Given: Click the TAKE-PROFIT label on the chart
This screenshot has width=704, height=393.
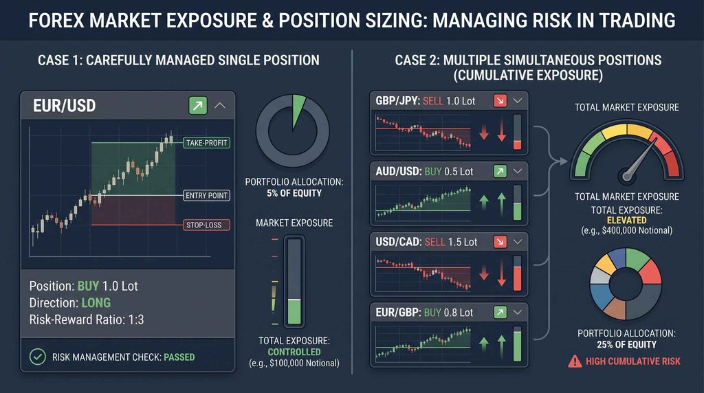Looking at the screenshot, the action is point(206,143).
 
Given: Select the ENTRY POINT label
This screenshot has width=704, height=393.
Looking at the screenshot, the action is point(206,195).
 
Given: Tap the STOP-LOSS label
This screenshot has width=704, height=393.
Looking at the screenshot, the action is point(206,225).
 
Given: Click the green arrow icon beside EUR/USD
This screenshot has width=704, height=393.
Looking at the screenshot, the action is point(198,105).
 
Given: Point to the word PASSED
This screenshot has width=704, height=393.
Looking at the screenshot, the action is point(179,357).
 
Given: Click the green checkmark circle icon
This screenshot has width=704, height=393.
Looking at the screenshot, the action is point(38,357).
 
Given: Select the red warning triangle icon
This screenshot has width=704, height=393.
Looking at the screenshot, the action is point(575,361).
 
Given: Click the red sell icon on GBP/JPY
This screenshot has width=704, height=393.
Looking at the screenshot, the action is point(500,100).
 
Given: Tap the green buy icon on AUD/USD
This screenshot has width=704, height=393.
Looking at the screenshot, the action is point(500,171).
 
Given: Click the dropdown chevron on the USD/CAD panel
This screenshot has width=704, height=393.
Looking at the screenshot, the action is point(517,242).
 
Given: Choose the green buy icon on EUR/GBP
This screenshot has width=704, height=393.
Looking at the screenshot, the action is point(500,312).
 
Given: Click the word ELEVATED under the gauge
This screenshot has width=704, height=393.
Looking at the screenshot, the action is point(627,221).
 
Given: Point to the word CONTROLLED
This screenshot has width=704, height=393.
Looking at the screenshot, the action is point(294,352).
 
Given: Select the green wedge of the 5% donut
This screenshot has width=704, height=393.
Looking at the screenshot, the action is point(298,110).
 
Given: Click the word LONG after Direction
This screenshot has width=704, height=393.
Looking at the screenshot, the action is point(96,303).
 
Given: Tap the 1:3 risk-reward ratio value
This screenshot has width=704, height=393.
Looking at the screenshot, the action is point(135,319).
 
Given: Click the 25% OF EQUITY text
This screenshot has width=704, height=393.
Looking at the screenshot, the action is point(626,344).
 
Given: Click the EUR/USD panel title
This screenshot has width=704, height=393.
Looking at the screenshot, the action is point(64,106).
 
